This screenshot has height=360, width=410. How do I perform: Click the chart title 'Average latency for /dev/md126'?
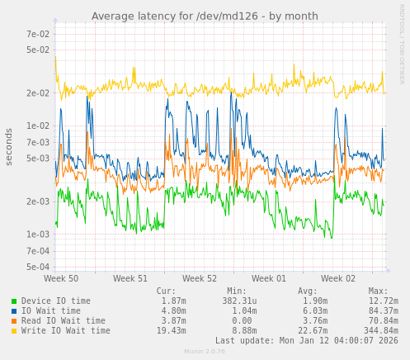coord(205,16)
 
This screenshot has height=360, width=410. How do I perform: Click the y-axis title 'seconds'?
coord(9,146)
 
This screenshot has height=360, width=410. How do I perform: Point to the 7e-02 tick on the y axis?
coord(38,34)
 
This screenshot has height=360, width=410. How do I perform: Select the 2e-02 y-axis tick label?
coord(38,92)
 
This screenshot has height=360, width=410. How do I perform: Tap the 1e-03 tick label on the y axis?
coord(38,234)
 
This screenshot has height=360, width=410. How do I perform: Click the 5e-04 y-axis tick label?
coord(38,267)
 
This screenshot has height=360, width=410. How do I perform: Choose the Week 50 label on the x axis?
coord(61,279)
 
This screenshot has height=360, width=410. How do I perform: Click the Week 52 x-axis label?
coord(200,279)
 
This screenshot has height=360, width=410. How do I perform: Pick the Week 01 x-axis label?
coord(269,279)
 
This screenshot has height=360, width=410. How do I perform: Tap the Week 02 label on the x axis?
coord(338,279)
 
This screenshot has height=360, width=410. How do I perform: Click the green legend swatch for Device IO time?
coord(14,301)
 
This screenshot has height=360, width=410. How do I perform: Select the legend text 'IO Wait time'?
coord(51,311)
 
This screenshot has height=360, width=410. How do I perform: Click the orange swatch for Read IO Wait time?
coord(14,321)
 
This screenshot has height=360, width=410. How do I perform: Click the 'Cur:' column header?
coord(166,291)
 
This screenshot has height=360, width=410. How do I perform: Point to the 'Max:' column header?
coord(378,291)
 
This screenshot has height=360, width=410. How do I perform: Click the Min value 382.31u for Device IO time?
coord(237,301)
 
